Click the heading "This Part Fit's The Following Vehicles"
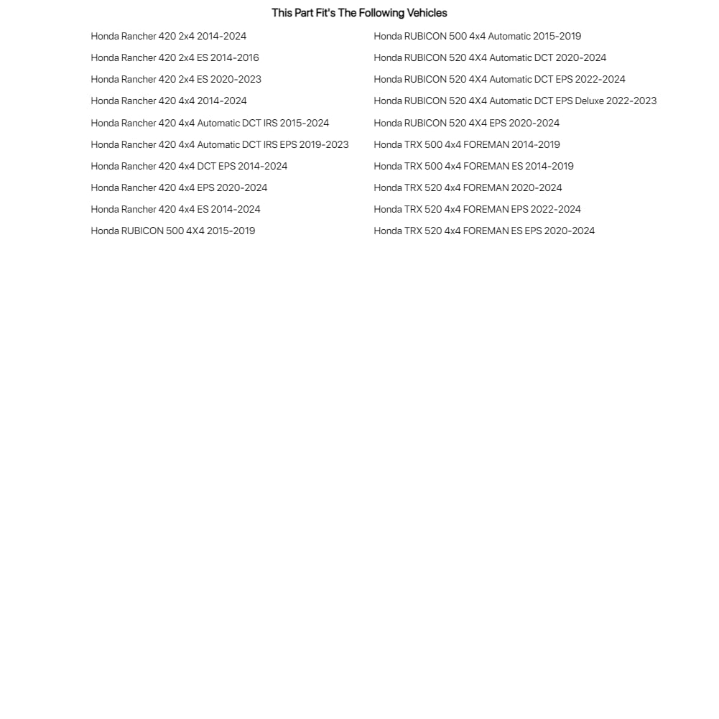[x=359, y=13]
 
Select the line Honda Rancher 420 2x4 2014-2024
[x=169, y=36]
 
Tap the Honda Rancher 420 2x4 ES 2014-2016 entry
[x=175, y=57]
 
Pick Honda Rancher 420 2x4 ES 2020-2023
[x=176, y=79]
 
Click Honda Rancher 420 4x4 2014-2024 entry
[x=169, y=101]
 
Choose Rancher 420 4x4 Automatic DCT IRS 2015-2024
[x=210, y=123]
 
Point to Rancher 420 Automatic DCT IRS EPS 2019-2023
[x=220, y=144]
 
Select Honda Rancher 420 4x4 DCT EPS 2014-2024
[x=189, y=166]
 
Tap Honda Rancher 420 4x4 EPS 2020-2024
[x=179, y=187]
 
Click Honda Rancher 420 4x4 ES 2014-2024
[x=175, y=209]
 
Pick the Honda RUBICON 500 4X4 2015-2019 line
[x=172, y=231]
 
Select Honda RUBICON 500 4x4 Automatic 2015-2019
[x=477, y=36]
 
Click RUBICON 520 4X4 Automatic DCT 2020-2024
[x=490, y=57]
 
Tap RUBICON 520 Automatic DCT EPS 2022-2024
[x=499, y=79]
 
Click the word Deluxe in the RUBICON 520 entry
[x=590, y=101]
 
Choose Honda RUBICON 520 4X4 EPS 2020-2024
[x=466, y=123]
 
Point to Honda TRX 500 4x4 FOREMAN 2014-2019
[x=467, y=144]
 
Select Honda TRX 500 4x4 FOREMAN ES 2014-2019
[x=473, y=166]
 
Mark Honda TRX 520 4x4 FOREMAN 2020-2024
[x=468, y=187]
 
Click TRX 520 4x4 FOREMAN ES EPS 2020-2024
[x=484, y=231]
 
